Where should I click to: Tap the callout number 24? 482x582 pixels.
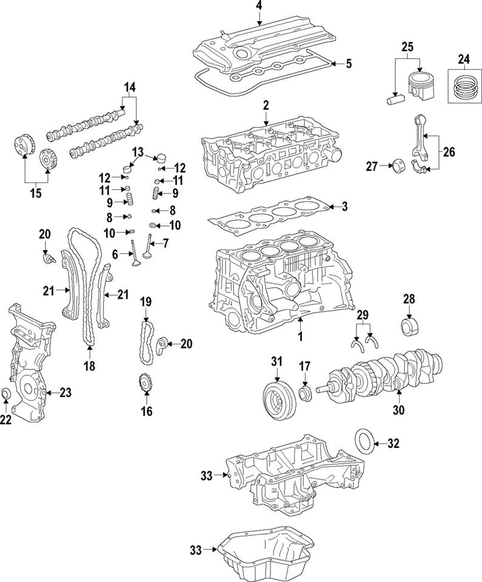pos(463,59)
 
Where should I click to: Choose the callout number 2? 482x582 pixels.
pos(266,105)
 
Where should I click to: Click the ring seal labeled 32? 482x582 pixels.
pos(364,444)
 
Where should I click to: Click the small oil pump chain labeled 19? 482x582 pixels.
pos(146,343)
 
